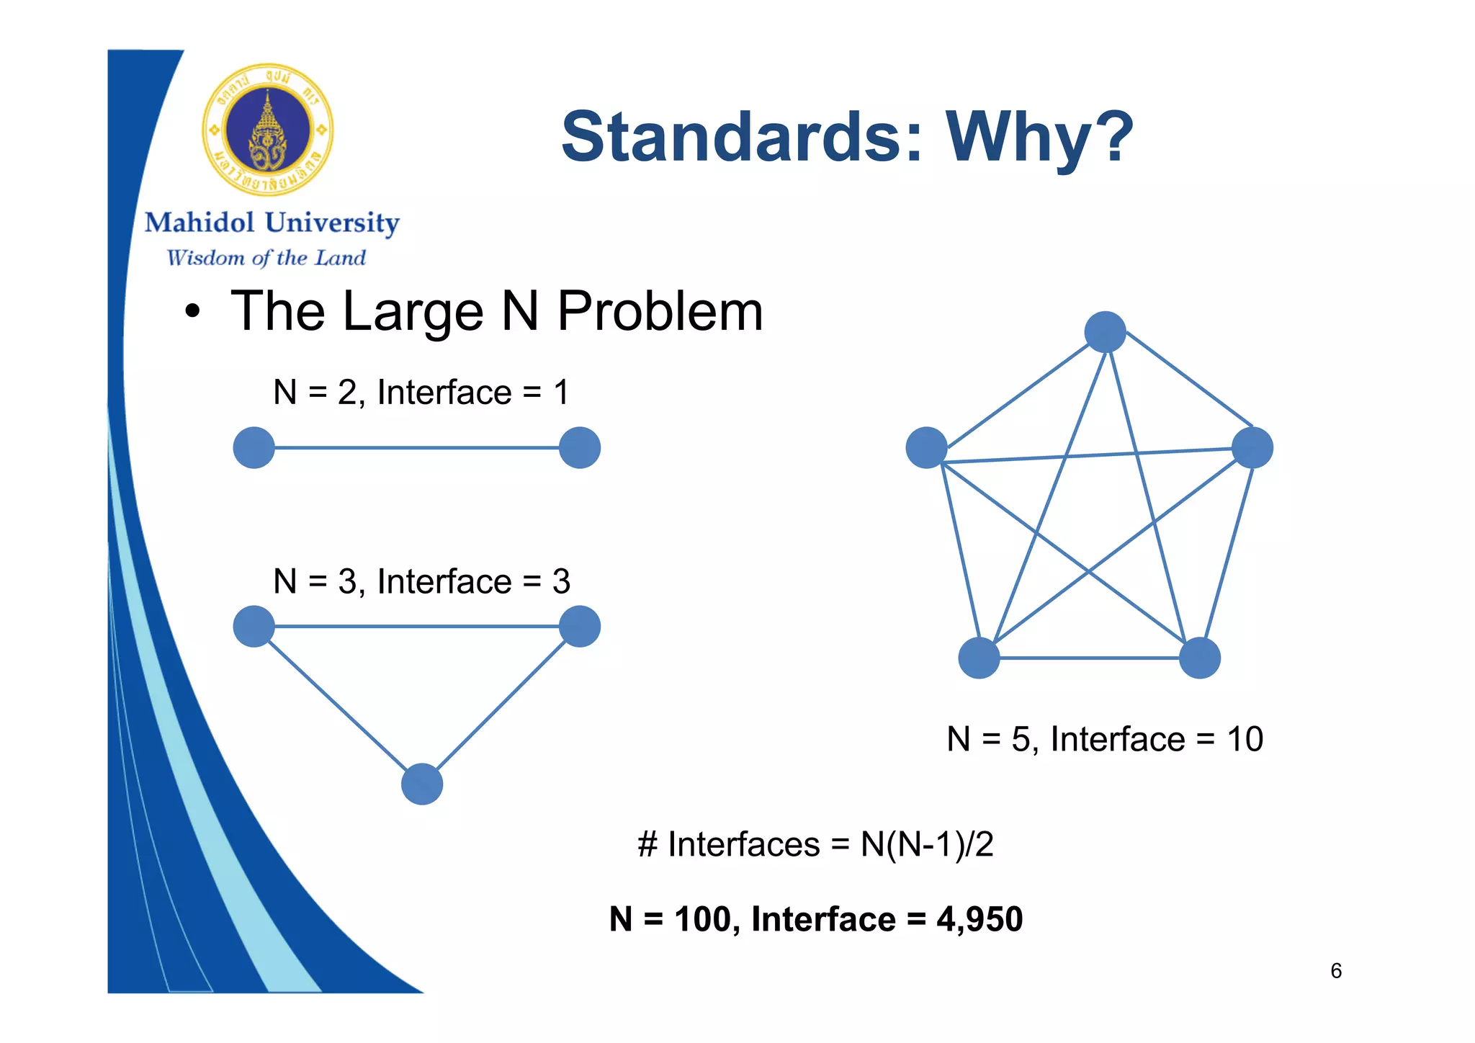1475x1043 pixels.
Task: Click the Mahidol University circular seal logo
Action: [x=268, y=130]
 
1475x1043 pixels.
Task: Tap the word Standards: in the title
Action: [x=742, y=137]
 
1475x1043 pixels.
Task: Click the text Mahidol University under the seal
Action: [x=272, y=223]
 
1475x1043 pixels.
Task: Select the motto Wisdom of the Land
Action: [x=266, y=258]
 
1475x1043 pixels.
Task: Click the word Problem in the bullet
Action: [x=660, y=311]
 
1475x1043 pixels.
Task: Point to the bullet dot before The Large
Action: [x=192, y=313]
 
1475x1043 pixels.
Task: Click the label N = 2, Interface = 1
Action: [x=421, y=393]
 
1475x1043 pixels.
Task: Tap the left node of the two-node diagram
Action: [x=254, y=448]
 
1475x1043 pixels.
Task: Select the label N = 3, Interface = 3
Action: [x=421, y=581]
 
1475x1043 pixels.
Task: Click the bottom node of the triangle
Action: [x=422, y=784]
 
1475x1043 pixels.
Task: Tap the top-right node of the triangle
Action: [x=580, y=626]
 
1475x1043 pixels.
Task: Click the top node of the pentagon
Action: [x=1105, y=332]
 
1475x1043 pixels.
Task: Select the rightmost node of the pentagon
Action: [x=1252, y=447]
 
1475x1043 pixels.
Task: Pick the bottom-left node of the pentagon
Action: [x=979, y=658]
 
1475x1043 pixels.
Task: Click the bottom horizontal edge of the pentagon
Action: [x=1089, y=658]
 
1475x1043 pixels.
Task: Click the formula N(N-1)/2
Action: [x=927, y=844]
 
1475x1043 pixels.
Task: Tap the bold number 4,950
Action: [x=979, y=920]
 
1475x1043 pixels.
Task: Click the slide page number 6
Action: [x=1336, y=971]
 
